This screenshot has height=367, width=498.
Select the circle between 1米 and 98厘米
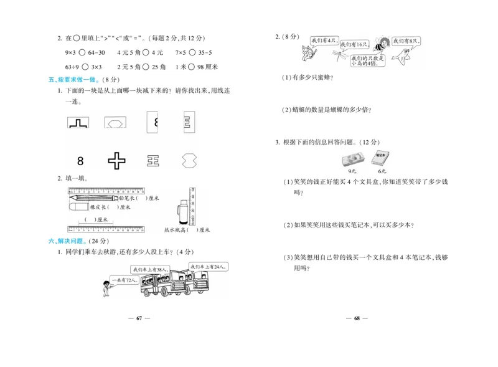[x=192, y=66]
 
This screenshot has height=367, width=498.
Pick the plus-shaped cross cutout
[x=117, y=161]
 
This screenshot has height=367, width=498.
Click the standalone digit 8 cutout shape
[x=80, y=161]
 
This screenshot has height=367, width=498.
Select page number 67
[x=139, y=318]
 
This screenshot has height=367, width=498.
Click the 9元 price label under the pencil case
[x=352, y=171]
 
